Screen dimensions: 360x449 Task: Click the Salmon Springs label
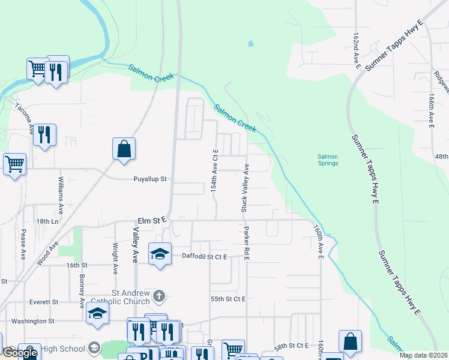(328, 160)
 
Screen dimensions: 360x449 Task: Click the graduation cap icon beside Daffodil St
(160, 254)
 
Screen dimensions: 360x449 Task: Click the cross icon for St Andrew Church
(158, 295)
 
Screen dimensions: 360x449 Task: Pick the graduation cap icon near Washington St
(98, 313)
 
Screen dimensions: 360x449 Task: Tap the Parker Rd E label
(246, 242)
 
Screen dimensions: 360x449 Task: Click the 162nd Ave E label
(357, 51)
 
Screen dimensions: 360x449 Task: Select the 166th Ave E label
(431, 110)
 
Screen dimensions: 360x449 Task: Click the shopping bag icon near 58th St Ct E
(350, 341)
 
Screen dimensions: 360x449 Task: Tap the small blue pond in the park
(250, 44)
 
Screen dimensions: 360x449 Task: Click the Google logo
(20, 353)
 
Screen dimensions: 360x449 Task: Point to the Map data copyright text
(424, 355)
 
